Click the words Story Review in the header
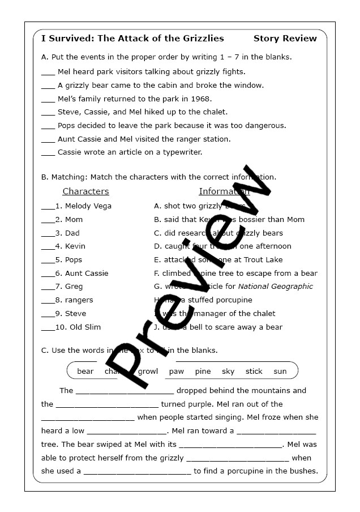pos(285,39)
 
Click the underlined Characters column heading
pos(85,191)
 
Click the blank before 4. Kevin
pos(48,247)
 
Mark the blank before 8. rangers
pos(48,301)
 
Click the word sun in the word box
pos(280,372)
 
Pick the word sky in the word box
pos(228,372)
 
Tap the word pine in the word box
pos(203,372)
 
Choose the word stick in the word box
pos(254,372)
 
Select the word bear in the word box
pos(85,372)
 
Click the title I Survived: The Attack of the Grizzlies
pos(132,39)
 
